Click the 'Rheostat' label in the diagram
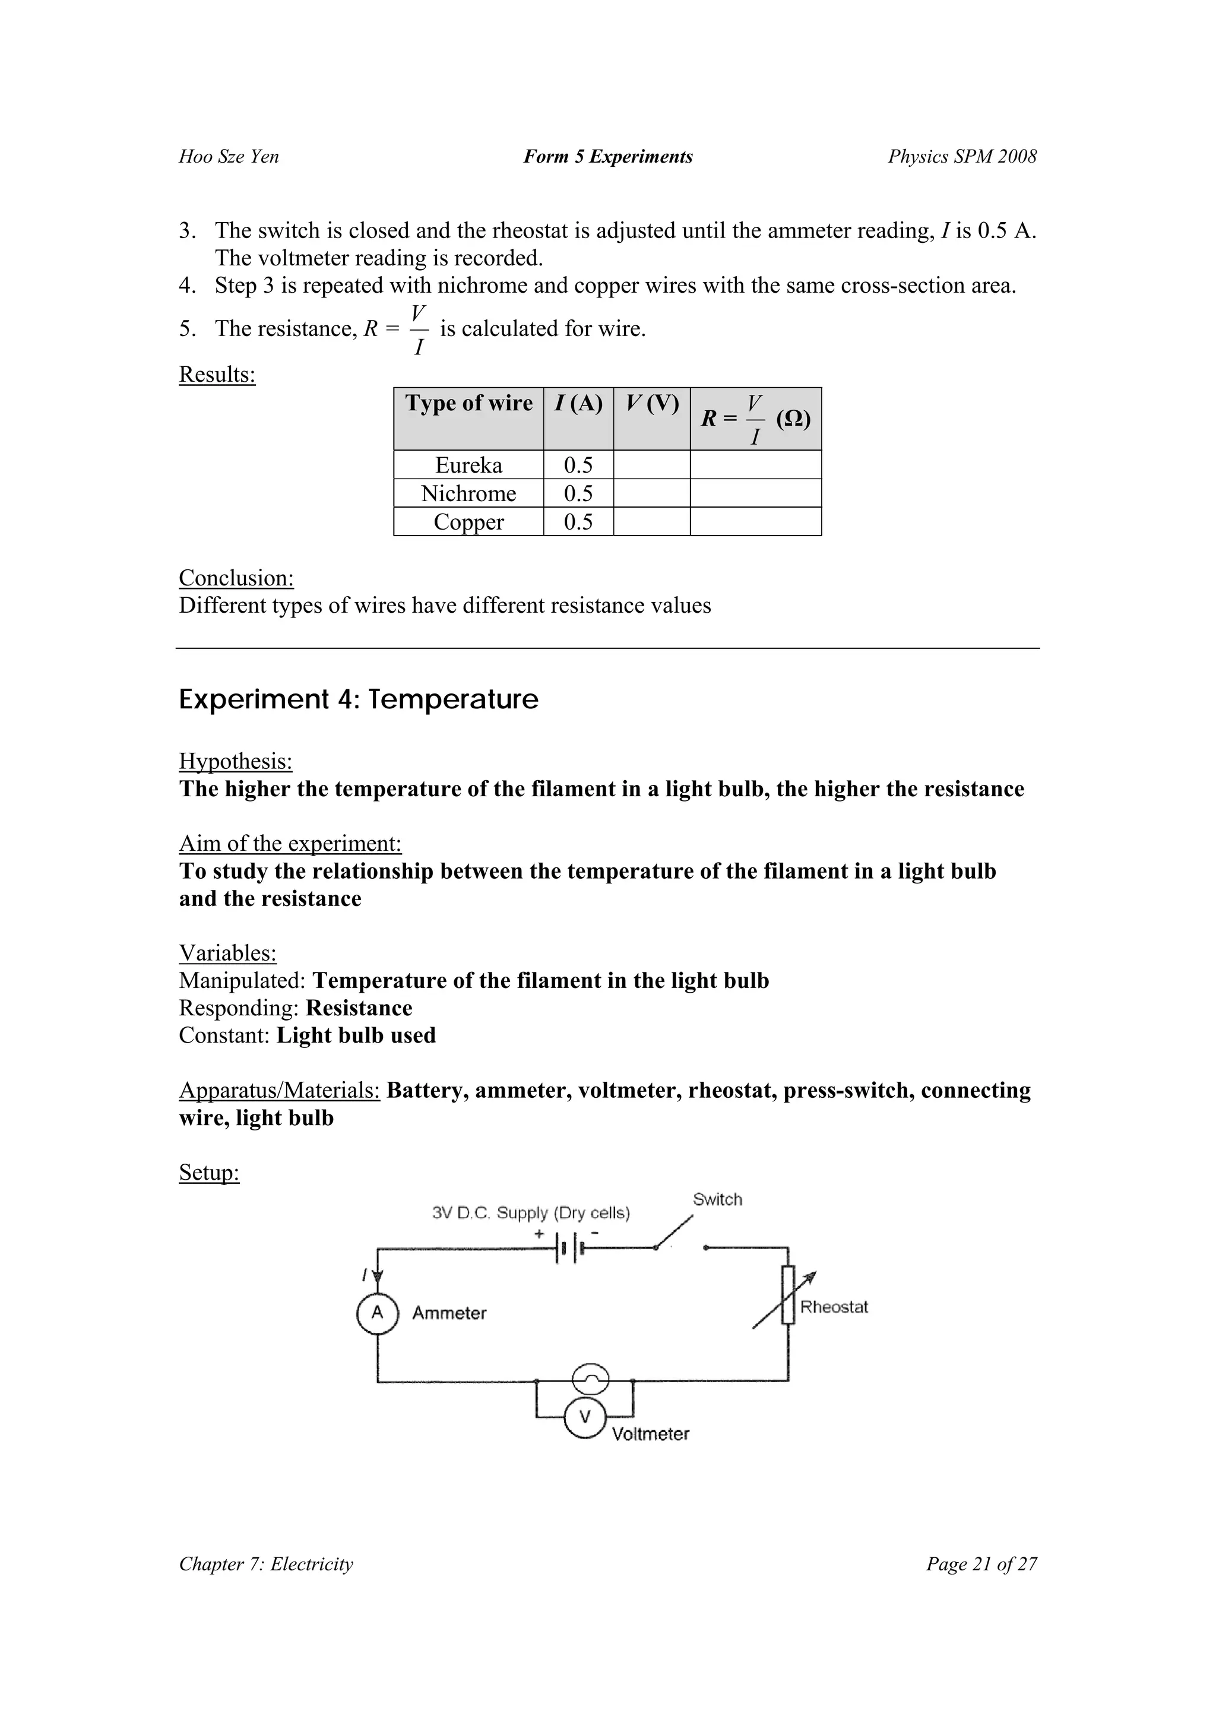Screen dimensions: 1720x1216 click(x=833, y=1307)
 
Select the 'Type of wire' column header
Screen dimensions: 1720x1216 click(x=468, y=404)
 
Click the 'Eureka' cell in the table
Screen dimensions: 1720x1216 click(x=468, y=465)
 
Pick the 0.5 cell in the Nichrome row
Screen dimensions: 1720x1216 click(x=578, y=493)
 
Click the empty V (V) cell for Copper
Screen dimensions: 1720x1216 click(x=651, y=522)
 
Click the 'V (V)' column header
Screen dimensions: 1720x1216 click(x=651, y=404)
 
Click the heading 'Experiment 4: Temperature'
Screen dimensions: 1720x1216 click(x=358, y=699)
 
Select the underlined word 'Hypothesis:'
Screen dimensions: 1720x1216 click(x=235, y=762)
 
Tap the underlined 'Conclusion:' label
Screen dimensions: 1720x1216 click(x=236, y=578)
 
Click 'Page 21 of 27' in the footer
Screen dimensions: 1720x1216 click(x=981, y=1564)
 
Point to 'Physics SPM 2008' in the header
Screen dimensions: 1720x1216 click(x=962, y=157)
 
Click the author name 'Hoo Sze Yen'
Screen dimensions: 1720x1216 click(x=229, y=157)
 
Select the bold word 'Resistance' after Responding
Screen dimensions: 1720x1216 click(x=359, y=1008)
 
